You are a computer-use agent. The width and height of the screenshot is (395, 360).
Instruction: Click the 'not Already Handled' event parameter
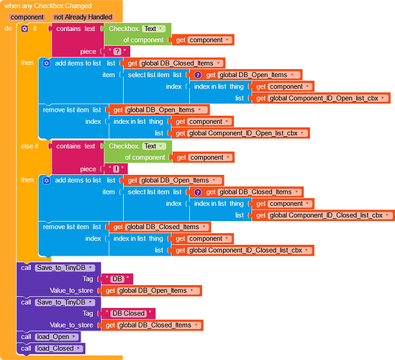(x=83, y=17)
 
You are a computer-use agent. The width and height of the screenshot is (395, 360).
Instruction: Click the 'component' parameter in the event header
(x=27, y=17)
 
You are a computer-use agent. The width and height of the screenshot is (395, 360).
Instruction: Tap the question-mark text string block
(x=117, y=51)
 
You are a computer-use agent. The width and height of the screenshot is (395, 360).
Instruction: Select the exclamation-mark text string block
(x=116, y=168)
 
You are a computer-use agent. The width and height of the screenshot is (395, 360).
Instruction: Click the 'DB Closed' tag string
(x=128, y=313)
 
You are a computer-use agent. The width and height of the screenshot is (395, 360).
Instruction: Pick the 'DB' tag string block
(x=117, y=279)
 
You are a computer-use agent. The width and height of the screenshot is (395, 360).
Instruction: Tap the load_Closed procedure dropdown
(x=59, y=348)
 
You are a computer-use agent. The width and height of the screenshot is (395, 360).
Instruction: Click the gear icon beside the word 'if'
(x=24, y=29)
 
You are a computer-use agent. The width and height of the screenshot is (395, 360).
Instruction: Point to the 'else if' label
(x=29, y=146)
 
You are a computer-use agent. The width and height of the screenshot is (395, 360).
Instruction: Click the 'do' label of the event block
(x=8, y=28)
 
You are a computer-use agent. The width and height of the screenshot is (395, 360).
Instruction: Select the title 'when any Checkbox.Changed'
(x=48, y=6)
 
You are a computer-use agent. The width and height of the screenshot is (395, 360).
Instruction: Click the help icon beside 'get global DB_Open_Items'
(x=198, y=75)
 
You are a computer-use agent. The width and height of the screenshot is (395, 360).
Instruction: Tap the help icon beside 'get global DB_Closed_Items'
(x=198, y=192)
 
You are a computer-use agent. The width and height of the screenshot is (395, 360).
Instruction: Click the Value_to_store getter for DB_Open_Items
(x=151, y=291)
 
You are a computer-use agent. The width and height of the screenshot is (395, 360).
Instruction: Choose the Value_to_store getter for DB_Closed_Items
(x=152, y=325)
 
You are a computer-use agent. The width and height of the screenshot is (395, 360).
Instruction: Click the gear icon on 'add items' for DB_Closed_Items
(x=46, y=63)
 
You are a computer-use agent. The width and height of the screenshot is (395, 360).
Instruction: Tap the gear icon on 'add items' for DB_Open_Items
(x=46, y=181)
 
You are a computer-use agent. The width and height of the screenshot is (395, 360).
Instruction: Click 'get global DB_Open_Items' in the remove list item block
(x=159, y=110)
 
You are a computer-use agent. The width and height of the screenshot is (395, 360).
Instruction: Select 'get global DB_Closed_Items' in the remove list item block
(x=160, y=227)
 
